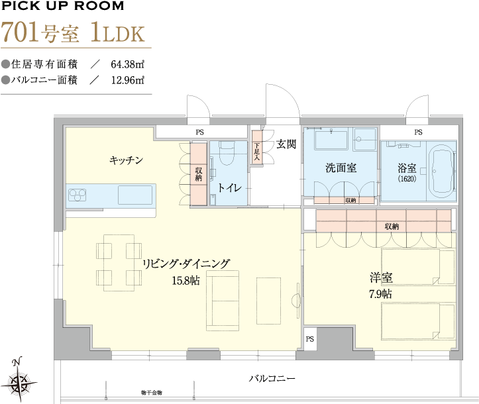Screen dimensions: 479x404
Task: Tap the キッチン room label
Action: tap(126, 160)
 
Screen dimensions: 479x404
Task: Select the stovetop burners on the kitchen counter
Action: tap(78, 195)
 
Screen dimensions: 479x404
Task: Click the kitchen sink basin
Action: tap(135, 195)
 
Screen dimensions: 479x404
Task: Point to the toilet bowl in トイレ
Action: tap(227, 154)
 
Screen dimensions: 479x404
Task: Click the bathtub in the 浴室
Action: tap(441, 171)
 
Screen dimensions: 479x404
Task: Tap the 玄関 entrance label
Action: tap(286, 144)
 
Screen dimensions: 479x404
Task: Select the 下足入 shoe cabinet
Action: tap(257, 147)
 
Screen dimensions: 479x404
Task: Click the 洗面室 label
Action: tap(341, 168)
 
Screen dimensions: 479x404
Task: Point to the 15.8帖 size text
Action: tap(186, 280)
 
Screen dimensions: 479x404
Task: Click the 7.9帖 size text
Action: tap(381, 294)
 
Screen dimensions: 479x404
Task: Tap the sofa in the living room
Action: tap(223, 301)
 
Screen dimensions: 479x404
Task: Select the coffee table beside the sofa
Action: tap(268, 301)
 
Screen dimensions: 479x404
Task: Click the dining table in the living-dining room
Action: tap(119, 263)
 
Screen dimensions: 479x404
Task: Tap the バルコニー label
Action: tap(272, 379)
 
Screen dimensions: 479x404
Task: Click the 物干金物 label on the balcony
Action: tap(152, 393)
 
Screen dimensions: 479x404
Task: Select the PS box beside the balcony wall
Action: tap(310, 339)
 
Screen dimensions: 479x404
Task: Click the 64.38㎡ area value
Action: tap(127, 64)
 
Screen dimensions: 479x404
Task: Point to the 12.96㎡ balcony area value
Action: tap(127, 80)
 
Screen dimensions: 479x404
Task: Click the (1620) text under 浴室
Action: tap(407, 179)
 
